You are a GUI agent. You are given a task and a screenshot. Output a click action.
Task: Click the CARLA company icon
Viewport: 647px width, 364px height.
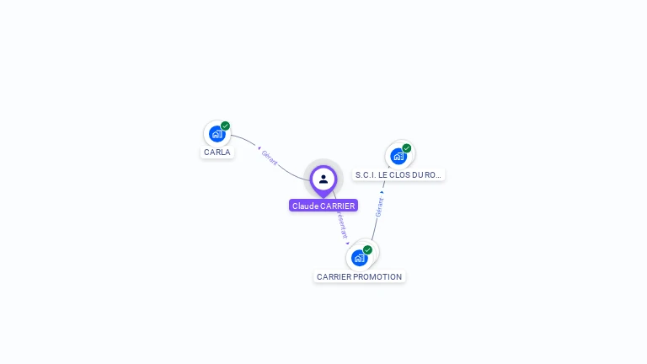pyautogui.click(x=217, y=133)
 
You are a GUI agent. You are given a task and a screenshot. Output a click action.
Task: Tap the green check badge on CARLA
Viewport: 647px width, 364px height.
pyautogui.click(x=226, y=126)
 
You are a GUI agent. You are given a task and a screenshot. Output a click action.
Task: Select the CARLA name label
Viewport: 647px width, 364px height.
pyautogui.click(x=217, y=153)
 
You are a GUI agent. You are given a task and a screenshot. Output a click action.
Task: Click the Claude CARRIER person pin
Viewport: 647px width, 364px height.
pyautogui.click(x=323, y=179)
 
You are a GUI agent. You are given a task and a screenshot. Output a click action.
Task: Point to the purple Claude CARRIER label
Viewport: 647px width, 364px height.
pyautogui.click(x=323, y=206)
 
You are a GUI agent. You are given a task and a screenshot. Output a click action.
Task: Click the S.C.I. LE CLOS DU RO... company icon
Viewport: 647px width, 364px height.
pyautogui.click(x=398, y=156)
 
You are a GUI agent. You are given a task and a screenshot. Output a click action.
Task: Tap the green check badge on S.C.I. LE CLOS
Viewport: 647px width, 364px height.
pyautogui.click(x=407, y=148)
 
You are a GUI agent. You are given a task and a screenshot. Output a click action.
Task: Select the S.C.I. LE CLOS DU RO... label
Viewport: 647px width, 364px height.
pyautogui.click(x=398, y=175)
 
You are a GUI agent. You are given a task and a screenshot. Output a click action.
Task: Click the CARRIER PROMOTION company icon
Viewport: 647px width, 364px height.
pyautogui.click(x=360, y=257)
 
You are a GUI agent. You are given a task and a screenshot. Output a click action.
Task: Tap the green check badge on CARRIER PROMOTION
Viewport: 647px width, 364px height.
pyautogui.click(x=368, y=250)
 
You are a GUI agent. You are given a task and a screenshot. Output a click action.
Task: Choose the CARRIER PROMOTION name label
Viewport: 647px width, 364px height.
pyautogui.click(x=360, y=276)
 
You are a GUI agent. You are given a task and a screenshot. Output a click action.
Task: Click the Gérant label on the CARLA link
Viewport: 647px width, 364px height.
pyautogui.click(x=270, y=158)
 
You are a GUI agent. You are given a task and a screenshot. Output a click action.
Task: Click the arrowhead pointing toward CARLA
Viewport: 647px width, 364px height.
pyautogui.click(x=259, y=148)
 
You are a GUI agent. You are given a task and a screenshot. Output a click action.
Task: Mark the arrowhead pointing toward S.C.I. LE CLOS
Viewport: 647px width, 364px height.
pyautogui.click(x=382, y=192)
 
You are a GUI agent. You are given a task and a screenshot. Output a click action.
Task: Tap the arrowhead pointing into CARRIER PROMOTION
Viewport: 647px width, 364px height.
pyautogui.click(x=347, y=244)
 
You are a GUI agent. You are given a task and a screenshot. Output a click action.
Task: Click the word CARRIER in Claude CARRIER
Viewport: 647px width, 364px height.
pyautogui.click(x=338, y=206)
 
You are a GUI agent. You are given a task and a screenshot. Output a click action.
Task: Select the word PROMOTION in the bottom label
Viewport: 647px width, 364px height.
pyautogui.click(x=380, y=276)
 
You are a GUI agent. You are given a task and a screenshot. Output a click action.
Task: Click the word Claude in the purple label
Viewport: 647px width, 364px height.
pyautogui.click(x=305, y=206)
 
